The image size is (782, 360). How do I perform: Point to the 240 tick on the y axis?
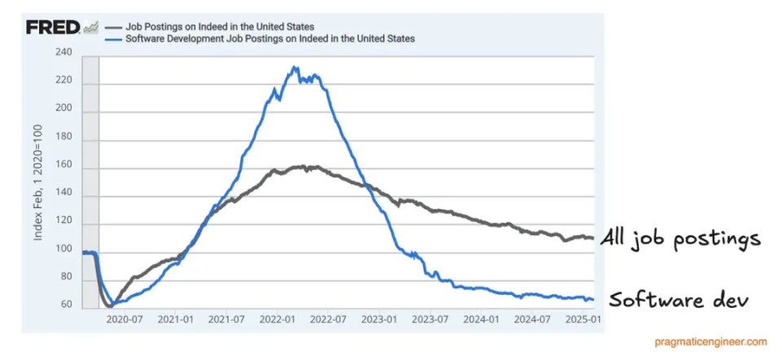[x=63, y=52]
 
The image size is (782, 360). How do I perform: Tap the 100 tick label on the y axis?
[x=63, y=250]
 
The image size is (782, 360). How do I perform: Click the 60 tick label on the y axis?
[x=65, y=305]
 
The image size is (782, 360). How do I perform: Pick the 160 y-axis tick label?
[x=63, y=165]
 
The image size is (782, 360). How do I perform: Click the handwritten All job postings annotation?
[x=680, y=239]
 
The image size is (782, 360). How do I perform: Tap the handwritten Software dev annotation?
[x=678, y=299]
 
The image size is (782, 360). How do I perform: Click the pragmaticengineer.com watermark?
[x=709, y=342]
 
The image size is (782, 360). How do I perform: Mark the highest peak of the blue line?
[x=295, y=67]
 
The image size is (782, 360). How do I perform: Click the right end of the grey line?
[x=592, y=238]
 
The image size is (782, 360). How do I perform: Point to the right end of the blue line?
[x=592, y=300]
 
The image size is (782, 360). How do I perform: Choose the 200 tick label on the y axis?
[x=63, y=108]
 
